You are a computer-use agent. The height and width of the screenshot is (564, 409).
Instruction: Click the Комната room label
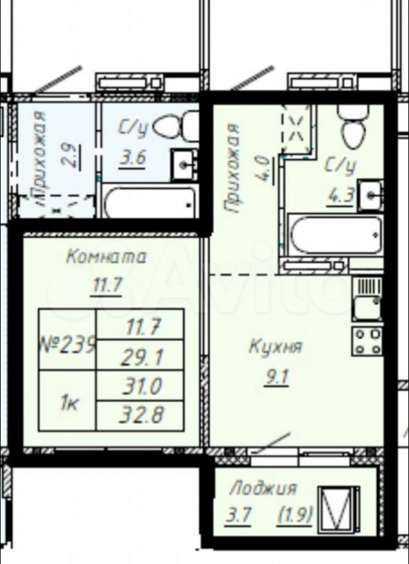[107, 257]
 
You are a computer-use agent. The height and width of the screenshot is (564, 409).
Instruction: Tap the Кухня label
[276, 347]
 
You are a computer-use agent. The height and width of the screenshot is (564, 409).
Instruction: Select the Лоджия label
[263, 488]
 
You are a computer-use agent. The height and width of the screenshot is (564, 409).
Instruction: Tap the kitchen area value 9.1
[276, 378]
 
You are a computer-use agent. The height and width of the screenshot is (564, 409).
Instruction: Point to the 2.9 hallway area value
[70, 156]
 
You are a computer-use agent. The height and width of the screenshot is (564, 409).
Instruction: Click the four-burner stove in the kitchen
[367, 341]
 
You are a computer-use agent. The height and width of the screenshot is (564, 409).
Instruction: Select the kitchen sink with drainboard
[367, 299]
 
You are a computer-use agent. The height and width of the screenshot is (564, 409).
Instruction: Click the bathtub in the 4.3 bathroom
[336, 235]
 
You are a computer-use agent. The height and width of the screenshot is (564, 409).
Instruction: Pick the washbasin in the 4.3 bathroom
[370, 195]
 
